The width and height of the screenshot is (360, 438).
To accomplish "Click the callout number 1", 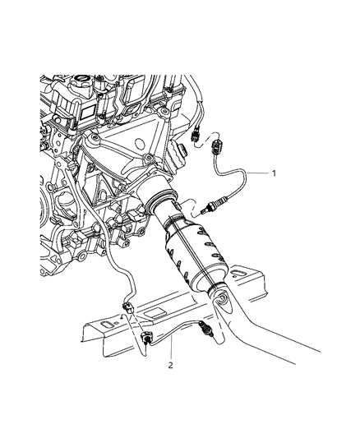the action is [x=274, y=173].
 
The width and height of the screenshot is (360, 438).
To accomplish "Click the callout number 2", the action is [x=170, y=365].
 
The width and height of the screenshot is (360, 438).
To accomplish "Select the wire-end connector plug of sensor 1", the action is [x=217, y=147].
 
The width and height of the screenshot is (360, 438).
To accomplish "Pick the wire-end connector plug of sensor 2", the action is [x=147, y=338].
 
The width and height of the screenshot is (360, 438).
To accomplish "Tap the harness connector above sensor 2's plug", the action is [x=128, y=307].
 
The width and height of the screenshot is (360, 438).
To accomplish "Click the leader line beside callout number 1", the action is [x=258, y=173].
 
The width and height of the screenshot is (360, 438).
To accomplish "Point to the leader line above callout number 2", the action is [x=171, y=348].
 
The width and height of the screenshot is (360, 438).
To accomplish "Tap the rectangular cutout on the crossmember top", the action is [x=156, y=313].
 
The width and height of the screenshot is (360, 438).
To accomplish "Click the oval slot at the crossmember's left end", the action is [x=108, y=325].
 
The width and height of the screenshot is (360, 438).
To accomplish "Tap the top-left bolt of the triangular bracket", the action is [x=93, y=138].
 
